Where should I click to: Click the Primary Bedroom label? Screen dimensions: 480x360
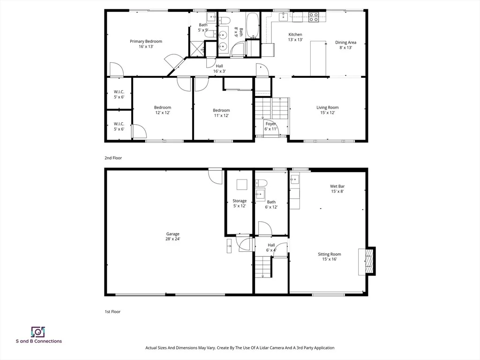point(146,41)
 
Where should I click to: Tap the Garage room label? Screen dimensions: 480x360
point(172,234)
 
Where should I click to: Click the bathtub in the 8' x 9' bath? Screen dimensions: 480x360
point(253,26)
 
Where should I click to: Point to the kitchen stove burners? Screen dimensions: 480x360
point(313,17)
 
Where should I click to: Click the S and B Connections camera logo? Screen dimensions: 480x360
point(38,331)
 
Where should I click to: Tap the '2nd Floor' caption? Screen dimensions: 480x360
point(113,158)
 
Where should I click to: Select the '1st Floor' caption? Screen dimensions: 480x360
point(112,312)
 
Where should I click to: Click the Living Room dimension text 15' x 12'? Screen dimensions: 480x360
point(328,112)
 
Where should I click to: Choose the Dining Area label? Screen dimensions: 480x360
point(345,43)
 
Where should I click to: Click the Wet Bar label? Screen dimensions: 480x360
point(337,186)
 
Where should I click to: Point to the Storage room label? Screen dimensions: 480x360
point(240,201)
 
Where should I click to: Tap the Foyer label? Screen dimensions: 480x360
point(270,124)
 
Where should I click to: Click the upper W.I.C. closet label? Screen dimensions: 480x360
point(119,92)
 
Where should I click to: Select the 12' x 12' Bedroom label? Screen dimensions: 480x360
point(163,107)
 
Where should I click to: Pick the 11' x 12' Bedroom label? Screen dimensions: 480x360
point(221,110)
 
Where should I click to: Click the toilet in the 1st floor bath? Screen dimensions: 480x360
point(261,183)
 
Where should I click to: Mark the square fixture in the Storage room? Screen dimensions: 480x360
point(242,185)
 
